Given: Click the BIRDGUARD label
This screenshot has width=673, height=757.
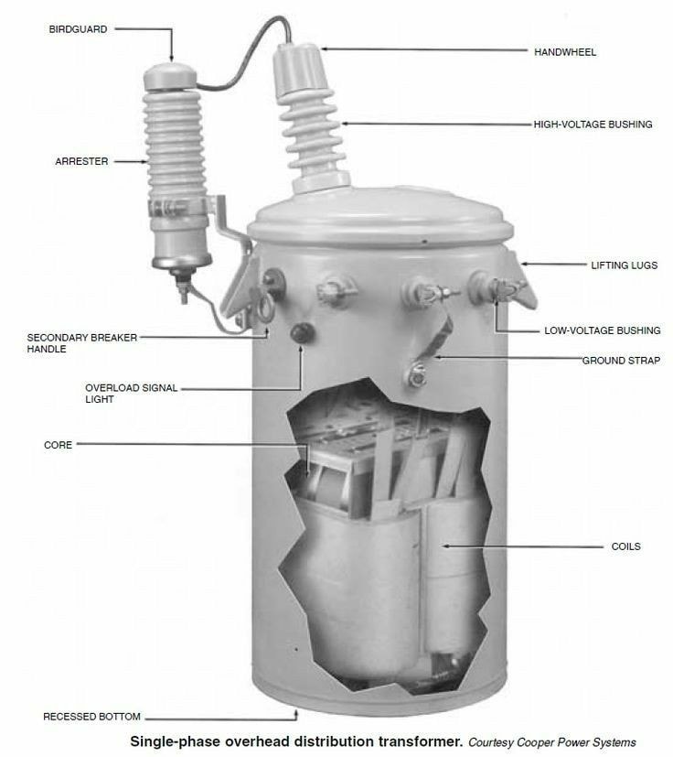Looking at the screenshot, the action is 78,29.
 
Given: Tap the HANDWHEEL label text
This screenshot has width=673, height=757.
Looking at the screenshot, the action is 565,52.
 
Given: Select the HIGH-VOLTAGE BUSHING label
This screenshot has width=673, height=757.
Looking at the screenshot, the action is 593,124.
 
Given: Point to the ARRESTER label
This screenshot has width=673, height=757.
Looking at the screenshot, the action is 81,161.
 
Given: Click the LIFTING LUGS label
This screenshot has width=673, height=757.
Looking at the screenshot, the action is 625,265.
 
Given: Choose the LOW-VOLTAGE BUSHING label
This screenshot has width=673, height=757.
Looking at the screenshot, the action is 603,330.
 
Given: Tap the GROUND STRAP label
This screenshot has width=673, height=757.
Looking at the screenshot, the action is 622,361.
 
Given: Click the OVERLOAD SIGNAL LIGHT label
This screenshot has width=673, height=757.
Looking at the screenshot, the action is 132,394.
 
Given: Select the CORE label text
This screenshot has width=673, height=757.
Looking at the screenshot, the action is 58,445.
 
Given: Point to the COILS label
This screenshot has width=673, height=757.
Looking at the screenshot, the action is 625,546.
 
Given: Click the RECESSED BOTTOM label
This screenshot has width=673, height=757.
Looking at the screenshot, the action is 91,717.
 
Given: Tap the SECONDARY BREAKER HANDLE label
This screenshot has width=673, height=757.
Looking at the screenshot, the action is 82,343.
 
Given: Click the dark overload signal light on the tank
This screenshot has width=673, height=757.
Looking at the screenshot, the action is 302,332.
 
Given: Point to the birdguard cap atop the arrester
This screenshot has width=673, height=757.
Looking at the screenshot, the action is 170,76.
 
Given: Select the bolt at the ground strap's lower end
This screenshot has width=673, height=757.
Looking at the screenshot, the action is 417,374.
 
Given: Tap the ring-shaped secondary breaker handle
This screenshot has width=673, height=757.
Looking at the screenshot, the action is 265,309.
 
